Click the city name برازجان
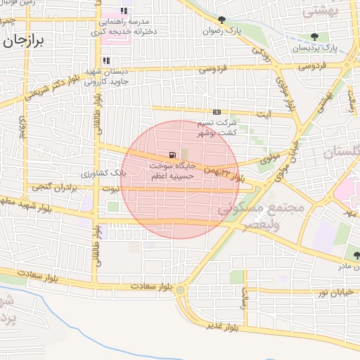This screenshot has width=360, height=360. point(24,40)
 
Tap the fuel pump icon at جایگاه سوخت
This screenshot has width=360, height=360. point(172,155)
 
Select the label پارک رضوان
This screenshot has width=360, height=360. point(222,31)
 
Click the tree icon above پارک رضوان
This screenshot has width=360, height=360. point(223,20)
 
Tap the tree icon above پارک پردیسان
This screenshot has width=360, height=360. point(314,37)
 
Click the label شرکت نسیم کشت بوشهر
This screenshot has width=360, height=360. point(217,127)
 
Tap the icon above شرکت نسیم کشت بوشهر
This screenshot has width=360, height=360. point(217,112)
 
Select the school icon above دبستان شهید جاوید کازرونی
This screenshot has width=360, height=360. point(106,60)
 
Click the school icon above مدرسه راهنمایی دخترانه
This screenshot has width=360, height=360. point(124,11)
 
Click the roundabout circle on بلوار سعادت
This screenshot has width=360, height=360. point(181,290)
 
